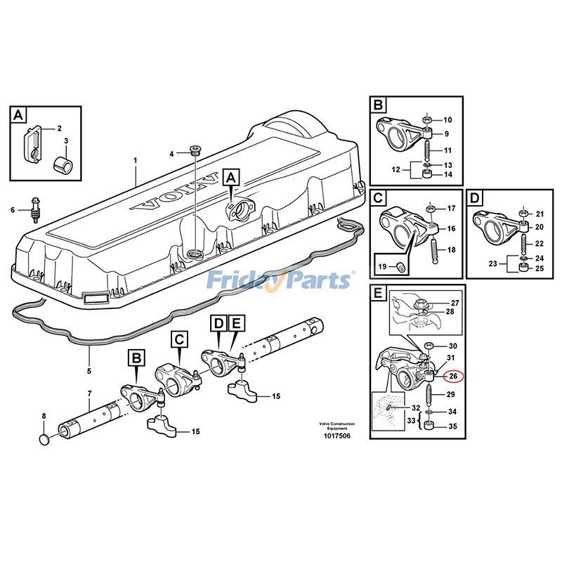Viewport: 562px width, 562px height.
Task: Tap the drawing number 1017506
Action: (x=336, y=436)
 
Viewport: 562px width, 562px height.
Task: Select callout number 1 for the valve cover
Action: (x=136, y=161)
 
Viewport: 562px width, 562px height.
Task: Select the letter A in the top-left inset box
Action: (x=18, y=115)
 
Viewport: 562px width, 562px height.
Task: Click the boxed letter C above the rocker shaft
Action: (x=180, y=340)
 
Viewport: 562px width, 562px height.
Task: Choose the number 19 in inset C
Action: (x=382, y=266)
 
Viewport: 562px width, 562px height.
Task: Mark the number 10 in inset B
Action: (x=447, y=120)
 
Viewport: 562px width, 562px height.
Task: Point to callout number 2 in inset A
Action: (x=59, y=129)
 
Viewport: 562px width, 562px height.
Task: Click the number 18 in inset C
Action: (x=451, y=250)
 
